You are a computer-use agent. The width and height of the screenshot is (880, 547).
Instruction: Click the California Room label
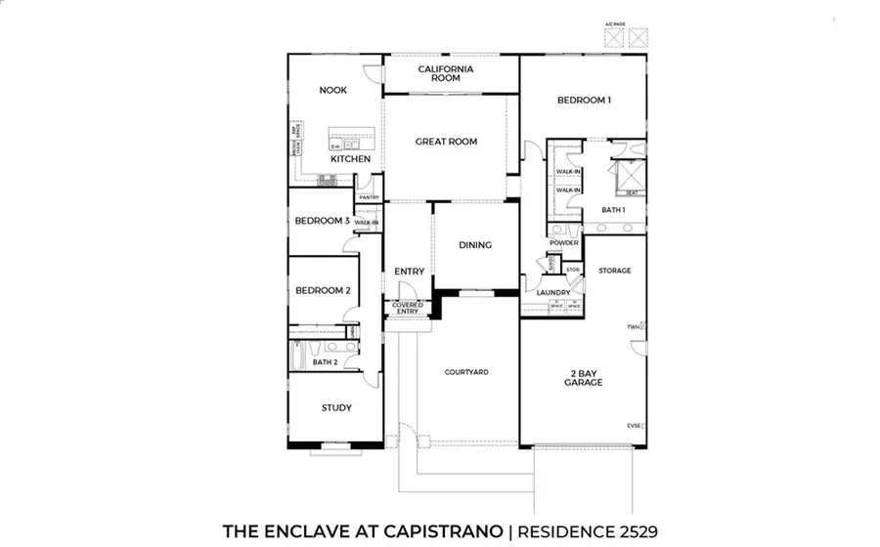(x=446, y=73)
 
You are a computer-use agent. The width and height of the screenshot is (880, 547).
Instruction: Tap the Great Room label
(x=446, y=142)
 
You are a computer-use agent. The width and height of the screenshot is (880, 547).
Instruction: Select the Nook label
(x=333, y=90)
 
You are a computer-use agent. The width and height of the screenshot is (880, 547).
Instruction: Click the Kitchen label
(x=349, y=158)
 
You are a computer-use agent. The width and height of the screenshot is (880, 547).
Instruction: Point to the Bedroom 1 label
(x=584, y=100)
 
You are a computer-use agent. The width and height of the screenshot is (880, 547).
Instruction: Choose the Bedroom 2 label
(x=323, y=290)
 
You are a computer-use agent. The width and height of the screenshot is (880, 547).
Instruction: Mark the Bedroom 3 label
(x=322, y=221)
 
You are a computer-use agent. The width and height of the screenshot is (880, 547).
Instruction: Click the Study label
(x=336, y=408)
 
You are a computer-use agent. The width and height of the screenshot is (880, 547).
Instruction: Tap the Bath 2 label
(x=325, y=363)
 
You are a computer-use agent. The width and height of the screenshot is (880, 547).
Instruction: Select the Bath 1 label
(x=613, y=210)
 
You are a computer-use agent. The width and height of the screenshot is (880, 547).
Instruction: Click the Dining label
(x=475, y=245)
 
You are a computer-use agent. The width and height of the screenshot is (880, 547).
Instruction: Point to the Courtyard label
(x=466, y=372)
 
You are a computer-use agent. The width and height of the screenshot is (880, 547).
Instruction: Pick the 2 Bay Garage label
(x=583, y=377)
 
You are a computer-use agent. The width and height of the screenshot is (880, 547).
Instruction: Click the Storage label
(x=615, y=271)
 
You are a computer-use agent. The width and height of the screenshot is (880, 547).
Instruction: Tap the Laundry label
(x=553, y=292)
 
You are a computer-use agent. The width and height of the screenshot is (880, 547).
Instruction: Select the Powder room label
(x=564, y=242)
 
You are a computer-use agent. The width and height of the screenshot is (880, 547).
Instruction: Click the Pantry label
(x=369, y=197)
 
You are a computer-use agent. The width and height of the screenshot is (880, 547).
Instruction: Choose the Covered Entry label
(x=407, y=309)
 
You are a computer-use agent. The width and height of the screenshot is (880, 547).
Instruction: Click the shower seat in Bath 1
(x=632, y=192)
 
